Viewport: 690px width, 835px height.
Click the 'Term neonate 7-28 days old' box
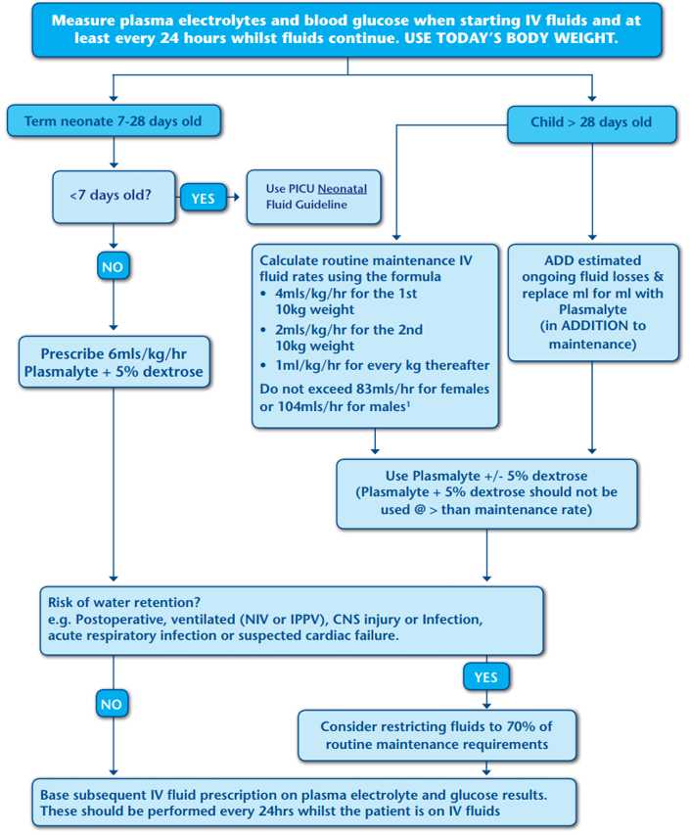click(x=114, y=122)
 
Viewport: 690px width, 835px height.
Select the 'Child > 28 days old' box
click(x=591, y=122)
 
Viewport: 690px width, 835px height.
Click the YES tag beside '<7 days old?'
click(x=203, y=197)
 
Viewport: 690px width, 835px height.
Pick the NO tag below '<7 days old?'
click(x=114, y=265)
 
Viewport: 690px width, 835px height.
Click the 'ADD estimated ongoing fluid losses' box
click(x=591, y=301)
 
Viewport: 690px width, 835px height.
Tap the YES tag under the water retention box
click(x=485, y=676)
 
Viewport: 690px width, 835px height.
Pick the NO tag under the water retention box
click(x=114, y=702)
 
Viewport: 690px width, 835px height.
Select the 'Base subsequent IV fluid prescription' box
click(x=303, y=803)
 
